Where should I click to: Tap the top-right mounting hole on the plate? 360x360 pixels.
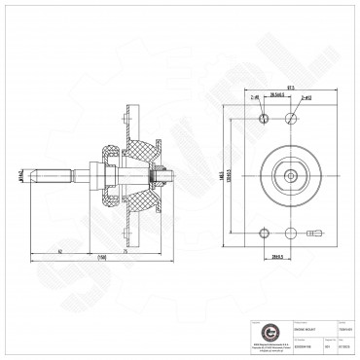point(291,118)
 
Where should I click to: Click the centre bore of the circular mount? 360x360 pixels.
point(291,175)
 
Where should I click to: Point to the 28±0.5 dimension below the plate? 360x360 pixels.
point(278,257)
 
